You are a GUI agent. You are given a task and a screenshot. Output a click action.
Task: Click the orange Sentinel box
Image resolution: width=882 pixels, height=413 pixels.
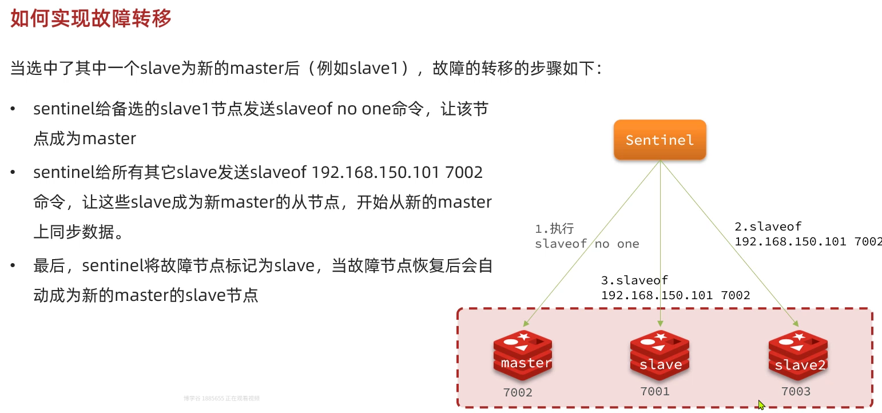click(x=659, y=140)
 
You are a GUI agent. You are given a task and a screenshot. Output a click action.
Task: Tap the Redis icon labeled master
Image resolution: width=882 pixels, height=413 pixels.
click(x=523, y=355)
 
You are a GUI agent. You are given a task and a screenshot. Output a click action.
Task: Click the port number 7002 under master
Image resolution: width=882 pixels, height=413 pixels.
click(x=518, y=392)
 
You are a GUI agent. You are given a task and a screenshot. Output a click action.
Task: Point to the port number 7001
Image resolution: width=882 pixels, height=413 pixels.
click(x=654, y=391)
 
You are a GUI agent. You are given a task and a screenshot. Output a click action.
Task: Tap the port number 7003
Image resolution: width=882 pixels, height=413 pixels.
click(x=796, y=391)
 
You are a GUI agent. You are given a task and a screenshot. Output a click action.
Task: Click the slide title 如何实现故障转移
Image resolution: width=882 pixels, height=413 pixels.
click(x=91, y=19)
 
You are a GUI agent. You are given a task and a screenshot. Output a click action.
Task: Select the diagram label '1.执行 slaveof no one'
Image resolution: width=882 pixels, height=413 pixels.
click(x=586, y=236)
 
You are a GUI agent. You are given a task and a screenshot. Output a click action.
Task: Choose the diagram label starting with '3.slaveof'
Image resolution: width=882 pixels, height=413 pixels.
click(x=675, y=288)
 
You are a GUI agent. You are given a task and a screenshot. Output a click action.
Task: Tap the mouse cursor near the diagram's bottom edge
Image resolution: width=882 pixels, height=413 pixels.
click(x=761, y=405)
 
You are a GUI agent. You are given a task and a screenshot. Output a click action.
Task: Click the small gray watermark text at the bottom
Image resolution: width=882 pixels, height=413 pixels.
click(x=221, y=398)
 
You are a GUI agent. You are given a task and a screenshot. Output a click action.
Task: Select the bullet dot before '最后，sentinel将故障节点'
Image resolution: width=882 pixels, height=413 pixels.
click(x=13, y=266)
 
